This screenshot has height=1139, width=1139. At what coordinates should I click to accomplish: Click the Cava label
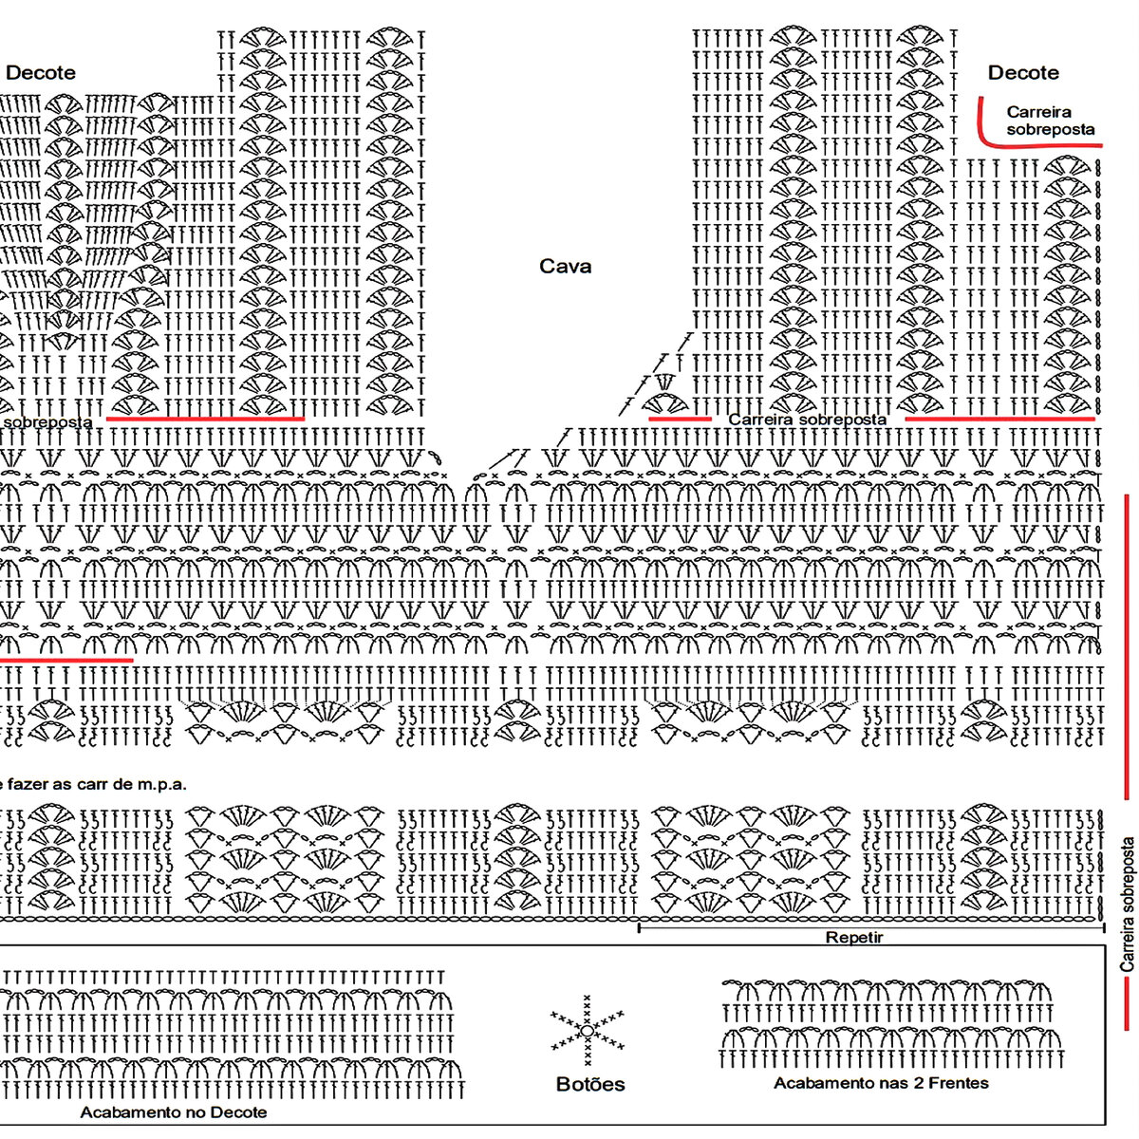click(565, 267)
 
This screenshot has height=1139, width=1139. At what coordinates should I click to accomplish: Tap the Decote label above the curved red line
click(1023, 73)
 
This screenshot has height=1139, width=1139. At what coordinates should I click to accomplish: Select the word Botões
click(590, 1084)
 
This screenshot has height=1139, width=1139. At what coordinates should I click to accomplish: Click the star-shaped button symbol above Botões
click(587, 1030)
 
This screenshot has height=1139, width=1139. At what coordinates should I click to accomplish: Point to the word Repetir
click(853, 938)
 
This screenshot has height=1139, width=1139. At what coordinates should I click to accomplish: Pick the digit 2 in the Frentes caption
click(906, 1083)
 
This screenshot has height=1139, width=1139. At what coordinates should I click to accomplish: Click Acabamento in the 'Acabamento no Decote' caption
click(124, 1112)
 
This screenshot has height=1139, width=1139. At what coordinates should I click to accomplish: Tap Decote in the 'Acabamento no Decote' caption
click(237, 1112)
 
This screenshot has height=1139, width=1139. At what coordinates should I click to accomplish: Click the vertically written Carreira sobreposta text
click(1129, 904)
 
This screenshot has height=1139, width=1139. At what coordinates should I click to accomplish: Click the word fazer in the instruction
click(35, 784)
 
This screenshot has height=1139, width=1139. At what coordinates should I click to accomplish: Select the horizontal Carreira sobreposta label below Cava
click(807, 419)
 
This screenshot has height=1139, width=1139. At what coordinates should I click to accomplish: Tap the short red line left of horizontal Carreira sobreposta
click(680, 418)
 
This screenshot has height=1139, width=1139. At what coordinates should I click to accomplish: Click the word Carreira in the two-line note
click(1038, 112)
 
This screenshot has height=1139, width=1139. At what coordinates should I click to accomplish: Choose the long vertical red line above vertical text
click(1127, 645)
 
